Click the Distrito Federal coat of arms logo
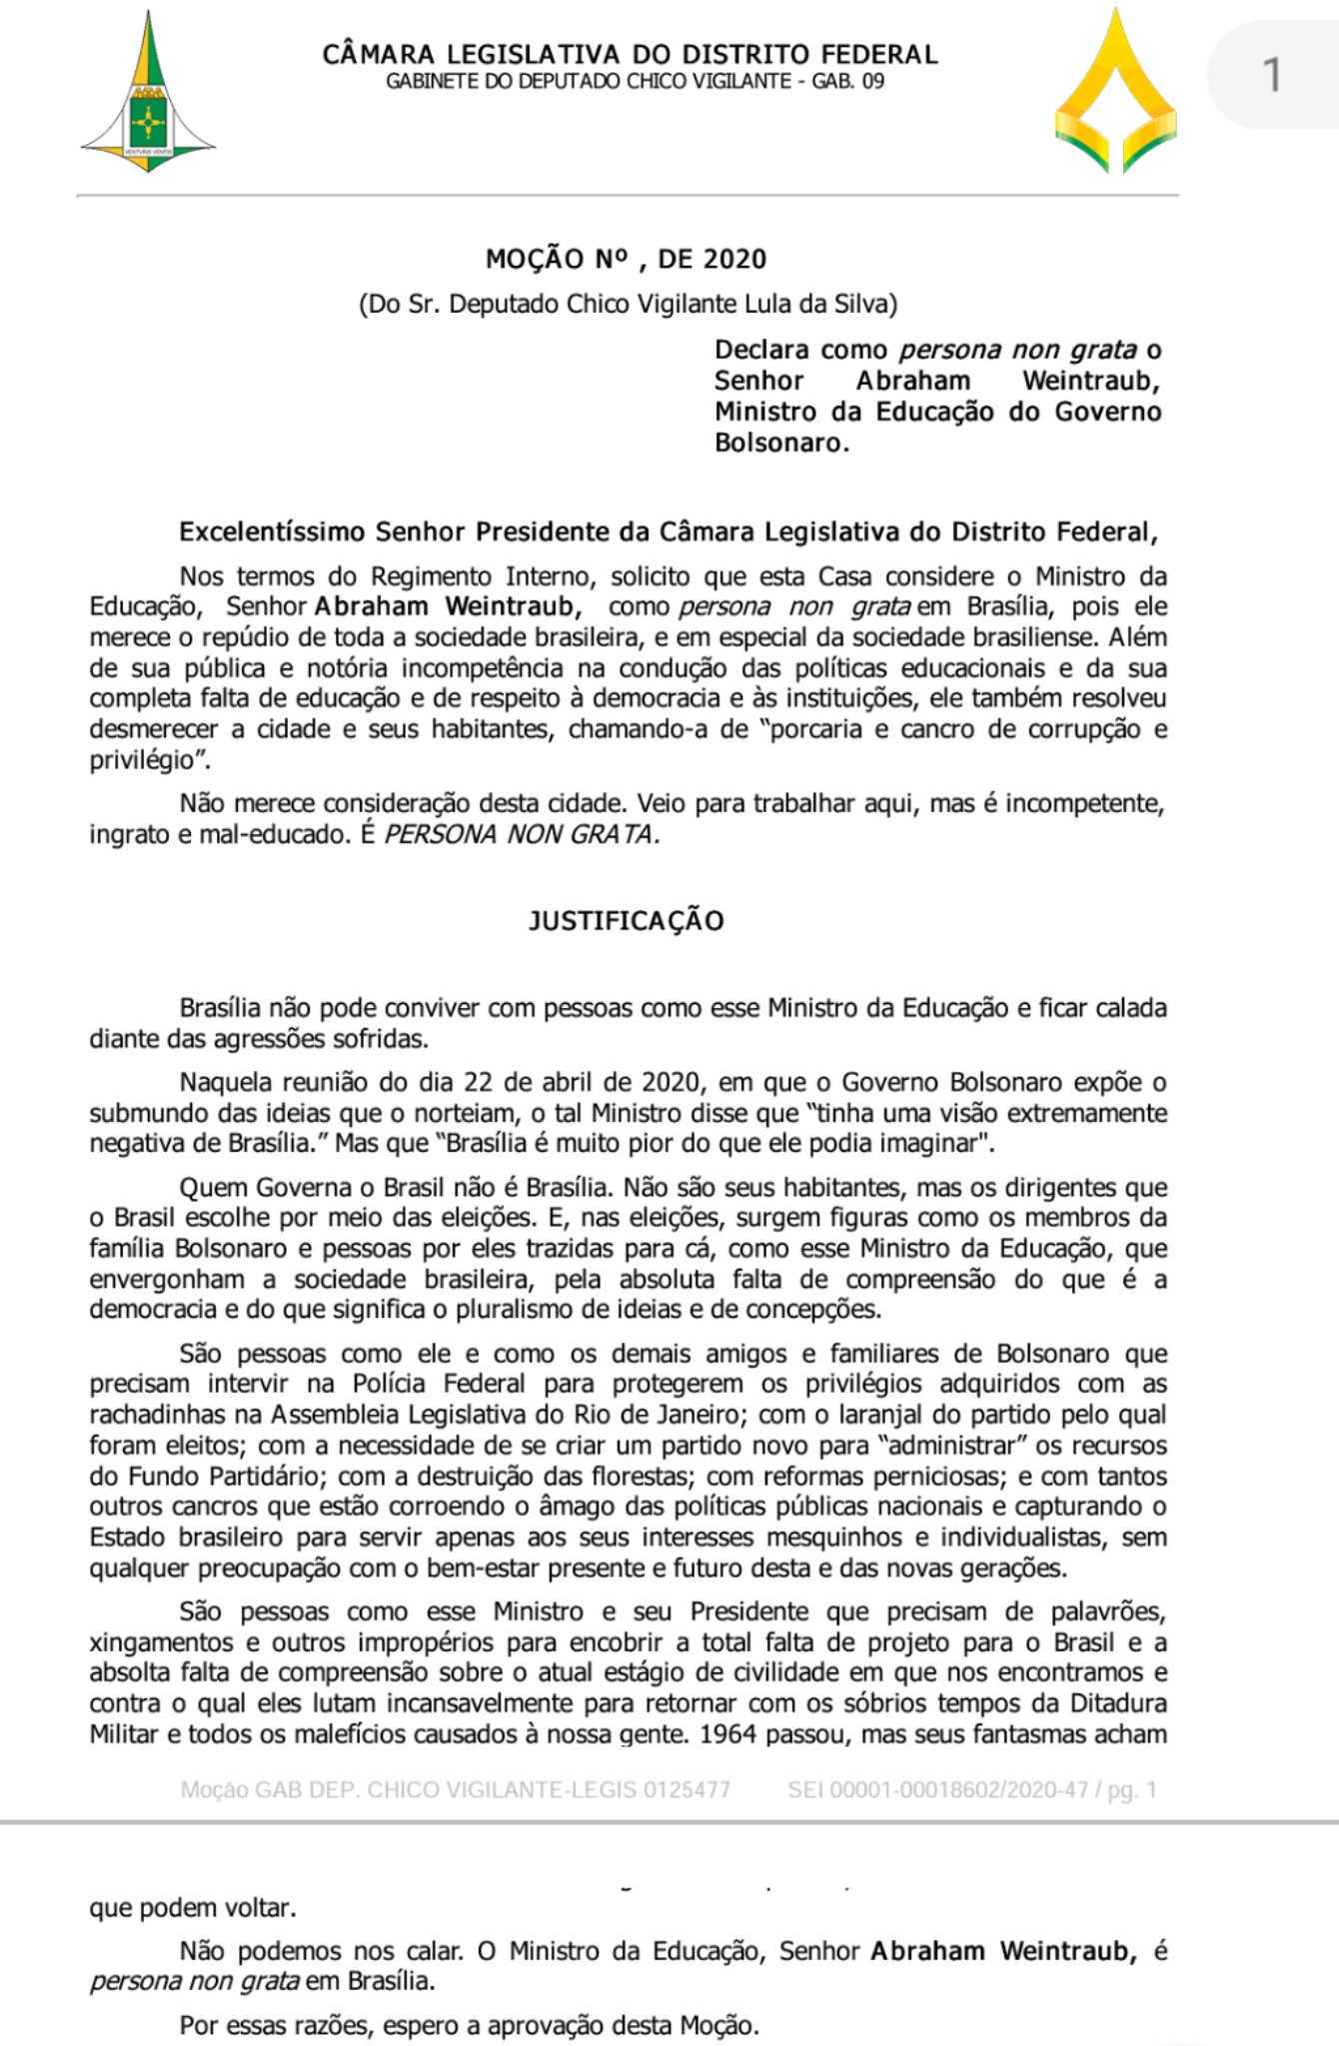click(149, 95)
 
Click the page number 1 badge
click(1271, 76)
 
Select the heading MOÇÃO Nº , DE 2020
click(626, 260)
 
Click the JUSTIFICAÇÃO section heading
click(626, 921)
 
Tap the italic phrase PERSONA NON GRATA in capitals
click(522, 835)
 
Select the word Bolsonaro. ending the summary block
click(781, 444)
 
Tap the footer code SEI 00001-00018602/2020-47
click(937, 1790)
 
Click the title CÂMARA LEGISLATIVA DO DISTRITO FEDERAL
click(630, 54)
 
